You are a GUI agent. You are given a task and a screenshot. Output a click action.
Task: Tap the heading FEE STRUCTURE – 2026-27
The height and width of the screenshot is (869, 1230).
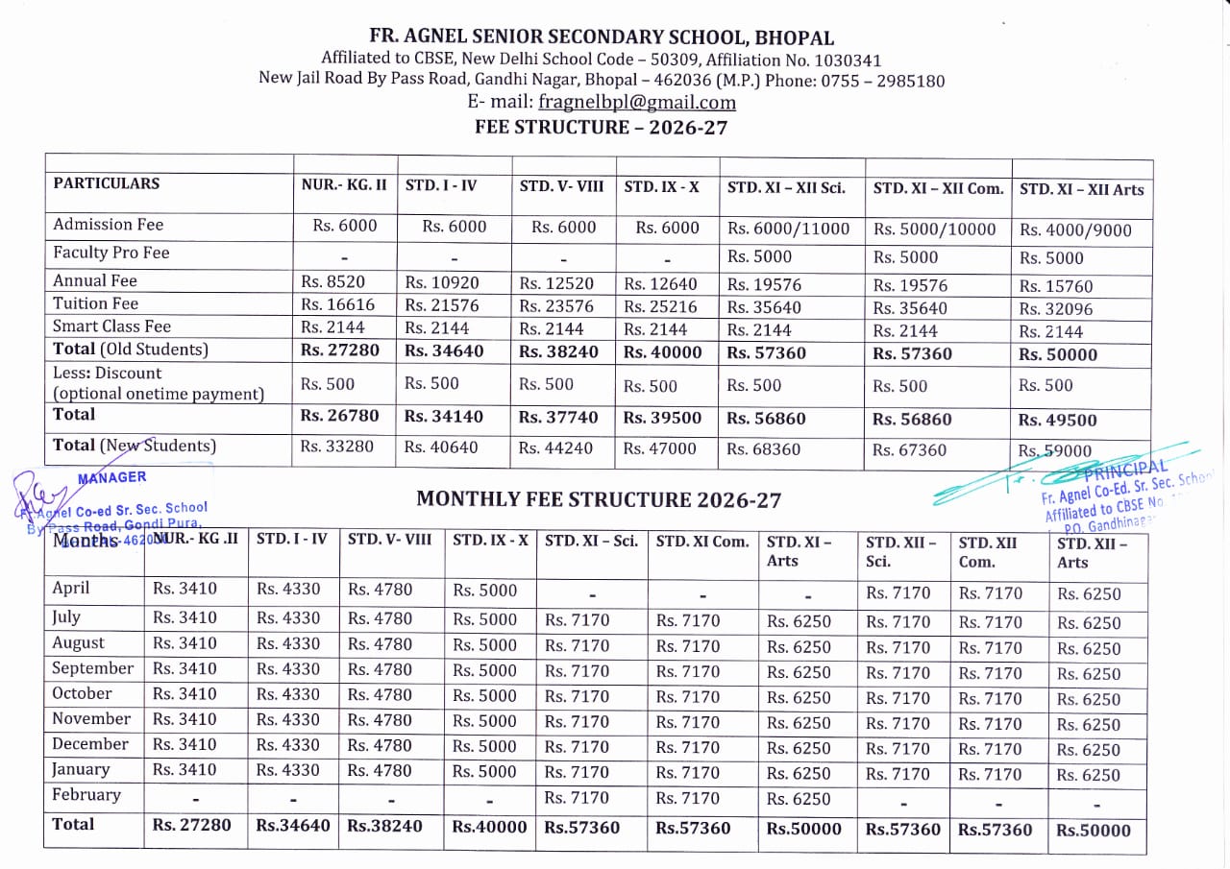click(x=601, y=127)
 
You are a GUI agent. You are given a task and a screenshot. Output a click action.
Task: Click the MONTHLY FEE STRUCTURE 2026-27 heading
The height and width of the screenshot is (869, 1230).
click(x=598, y=499)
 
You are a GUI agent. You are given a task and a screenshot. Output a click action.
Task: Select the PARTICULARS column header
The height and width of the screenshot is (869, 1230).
click(x=107, y=183)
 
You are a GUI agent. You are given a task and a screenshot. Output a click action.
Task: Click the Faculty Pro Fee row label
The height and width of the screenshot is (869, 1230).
click(x=111, y=253)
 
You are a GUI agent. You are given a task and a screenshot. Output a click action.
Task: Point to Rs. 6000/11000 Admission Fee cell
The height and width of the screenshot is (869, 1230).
click(x=788, y=229)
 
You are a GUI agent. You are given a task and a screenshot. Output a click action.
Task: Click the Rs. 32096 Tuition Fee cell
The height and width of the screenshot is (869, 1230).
click(x=1055, y=309)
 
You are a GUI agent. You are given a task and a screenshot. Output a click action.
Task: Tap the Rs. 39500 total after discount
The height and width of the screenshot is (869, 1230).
click(x=662, y=418)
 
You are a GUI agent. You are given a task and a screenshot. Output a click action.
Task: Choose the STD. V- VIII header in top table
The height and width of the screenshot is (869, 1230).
click(x=561, y=186)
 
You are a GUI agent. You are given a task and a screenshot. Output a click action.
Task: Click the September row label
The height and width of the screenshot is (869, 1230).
click(x=92, y=668)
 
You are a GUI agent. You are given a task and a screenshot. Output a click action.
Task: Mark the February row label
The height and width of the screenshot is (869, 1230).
click(x=86, y=794)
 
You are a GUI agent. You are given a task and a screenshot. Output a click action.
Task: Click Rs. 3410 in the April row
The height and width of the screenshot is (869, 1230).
click(x=184, y=589)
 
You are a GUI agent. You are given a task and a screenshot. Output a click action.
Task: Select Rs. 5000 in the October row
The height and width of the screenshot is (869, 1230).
click(x=484, y=694)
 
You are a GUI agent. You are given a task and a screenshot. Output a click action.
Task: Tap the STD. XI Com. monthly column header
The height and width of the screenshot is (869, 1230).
click(x=702, y=542)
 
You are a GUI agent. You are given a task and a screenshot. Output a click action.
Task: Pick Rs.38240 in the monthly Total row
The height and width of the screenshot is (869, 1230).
click(x=384, y=826)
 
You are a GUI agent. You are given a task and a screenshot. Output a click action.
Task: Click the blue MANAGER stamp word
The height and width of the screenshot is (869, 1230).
click(x=119, y=477)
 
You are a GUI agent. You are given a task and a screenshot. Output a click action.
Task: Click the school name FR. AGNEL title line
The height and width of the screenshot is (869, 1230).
click(x=601, y=38)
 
